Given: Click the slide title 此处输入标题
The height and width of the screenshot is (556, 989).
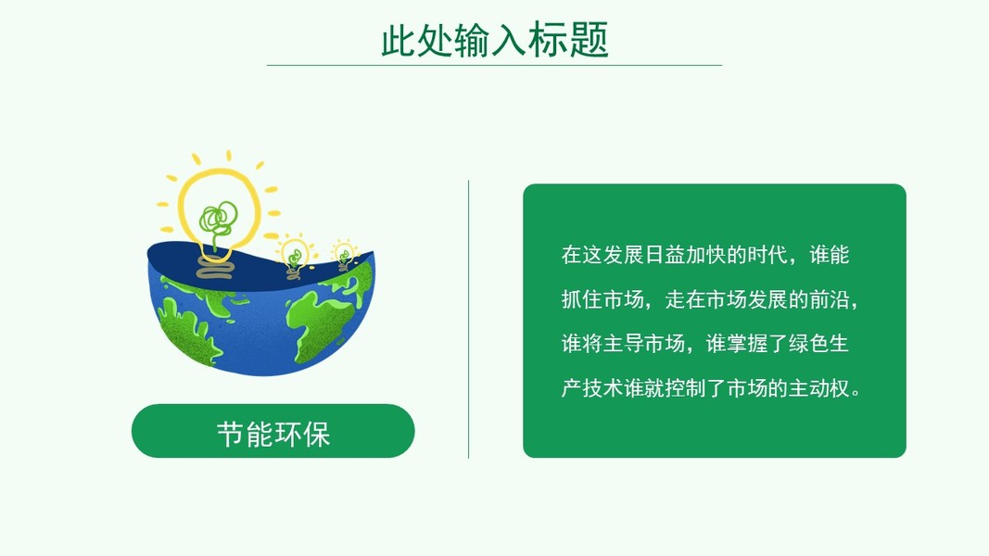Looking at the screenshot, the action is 495,39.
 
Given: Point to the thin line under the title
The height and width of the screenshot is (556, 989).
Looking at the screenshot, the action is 495,65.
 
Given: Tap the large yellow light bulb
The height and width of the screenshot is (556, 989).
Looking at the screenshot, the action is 218,207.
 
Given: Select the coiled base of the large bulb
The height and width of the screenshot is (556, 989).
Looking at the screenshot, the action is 215,267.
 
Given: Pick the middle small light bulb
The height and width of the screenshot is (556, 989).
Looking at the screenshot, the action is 294,256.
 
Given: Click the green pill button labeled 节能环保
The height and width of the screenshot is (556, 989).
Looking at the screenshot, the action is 273,431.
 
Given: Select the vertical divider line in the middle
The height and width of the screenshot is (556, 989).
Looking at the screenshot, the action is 469,319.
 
